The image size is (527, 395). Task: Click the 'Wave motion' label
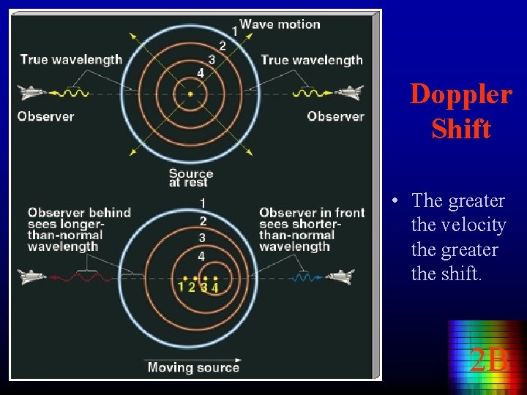pyautogui.click(x=280, y=24)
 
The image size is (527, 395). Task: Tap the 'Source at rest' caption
pyautogui.click(x=190, y=178)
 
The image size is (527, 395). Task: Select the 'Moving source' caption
pyautogui.click(x=193, y=367)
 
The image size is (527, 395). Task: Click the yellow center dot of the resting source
pyautogui.click(x=190, y=94)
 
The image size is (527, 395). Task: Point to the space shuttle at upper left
pyautogui.click(x=31, y=93)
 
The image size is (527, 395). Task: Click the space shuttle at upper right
pyautogui.click(x=349, y=93)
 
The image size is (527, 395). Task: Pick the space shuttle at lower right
pyautogui.click(x=340, y=276)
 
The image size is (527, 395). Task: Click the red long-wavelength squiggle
pyautogui.click(x=86, y=277)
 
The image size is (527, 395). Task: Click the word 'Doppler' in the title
pyautogui.click(x=460, y=94)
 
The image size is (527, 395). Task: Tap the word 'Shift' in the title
pyautogui.click(x=460, y=129)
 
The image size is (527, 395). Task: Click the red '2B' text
pyautogui.click(x=488, y=359)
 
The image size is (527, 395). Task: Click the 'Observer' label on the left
pyautogui.click(x=45, y=116)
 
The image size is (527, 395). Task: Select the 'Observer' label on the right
pyautogui.click(x=335, y=116)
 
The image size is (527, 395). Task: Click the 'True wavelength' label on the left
pyautogui.click(x=71, y=60)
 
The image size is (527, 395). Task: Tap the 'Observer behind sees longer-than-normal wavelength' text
pyautogui.click(x=79, y=230)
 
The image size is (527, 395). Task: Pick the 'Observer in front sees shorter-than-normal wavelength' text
pyautogui.click(x=311, y=230)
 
